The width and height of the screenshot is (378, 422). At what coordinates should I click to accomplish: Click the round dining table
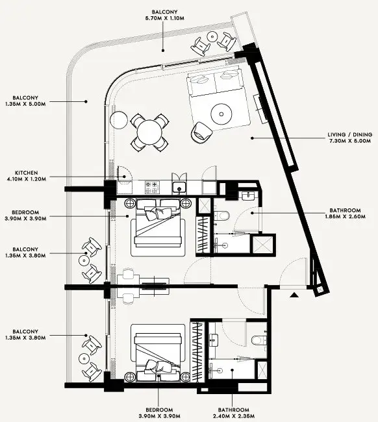(149, 132)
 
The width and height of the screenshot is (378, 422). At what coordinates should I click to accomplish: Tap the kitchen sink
(179, 188)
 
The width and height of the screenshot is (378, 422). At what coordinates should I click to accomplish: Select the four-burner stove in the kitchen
(152, 188)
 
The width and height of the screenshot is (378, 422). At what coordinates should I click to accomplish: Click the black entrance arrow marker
(294, 295)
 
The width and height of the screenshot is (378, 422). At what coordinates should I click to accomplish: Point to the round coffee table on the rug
(221, 114)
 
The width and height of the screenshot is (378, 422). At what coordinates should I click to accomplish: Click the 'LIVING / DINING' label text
(349, 134)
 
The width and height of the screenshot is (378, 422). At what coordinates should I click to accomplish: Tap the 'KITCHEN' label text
(27, 173)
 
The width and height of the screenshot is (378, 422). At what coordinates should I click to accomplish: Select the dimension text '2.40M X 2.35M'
(233, 416)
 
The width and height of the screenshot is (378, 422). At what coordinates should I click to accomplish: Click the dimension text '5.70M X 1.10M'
(164, 18)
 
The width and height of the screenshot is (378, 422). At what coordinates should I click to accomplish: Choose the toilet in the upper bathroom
(222, 216)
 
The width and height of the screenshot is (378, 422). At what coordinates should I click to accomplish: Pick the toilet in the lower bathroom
(258, 340)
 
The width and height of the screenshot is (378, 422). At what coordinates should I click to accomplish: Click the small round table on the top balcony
(212, 36)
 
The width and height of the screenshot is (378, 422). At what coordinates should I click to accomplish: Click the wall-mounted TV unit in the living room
(260, 108)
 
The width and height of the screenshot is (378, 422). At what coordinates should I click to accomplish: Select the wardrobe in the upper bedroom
(203, 234)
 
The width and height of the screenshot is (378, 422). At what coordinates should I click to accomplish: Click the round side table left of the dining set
(119, 120)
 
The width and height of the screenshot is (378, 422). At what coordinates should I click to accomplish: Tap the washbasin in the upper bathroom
(247, 195)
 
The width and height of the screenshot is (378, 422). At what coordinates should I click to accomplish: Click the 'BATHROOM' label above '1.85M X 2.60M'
(345, 210)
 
